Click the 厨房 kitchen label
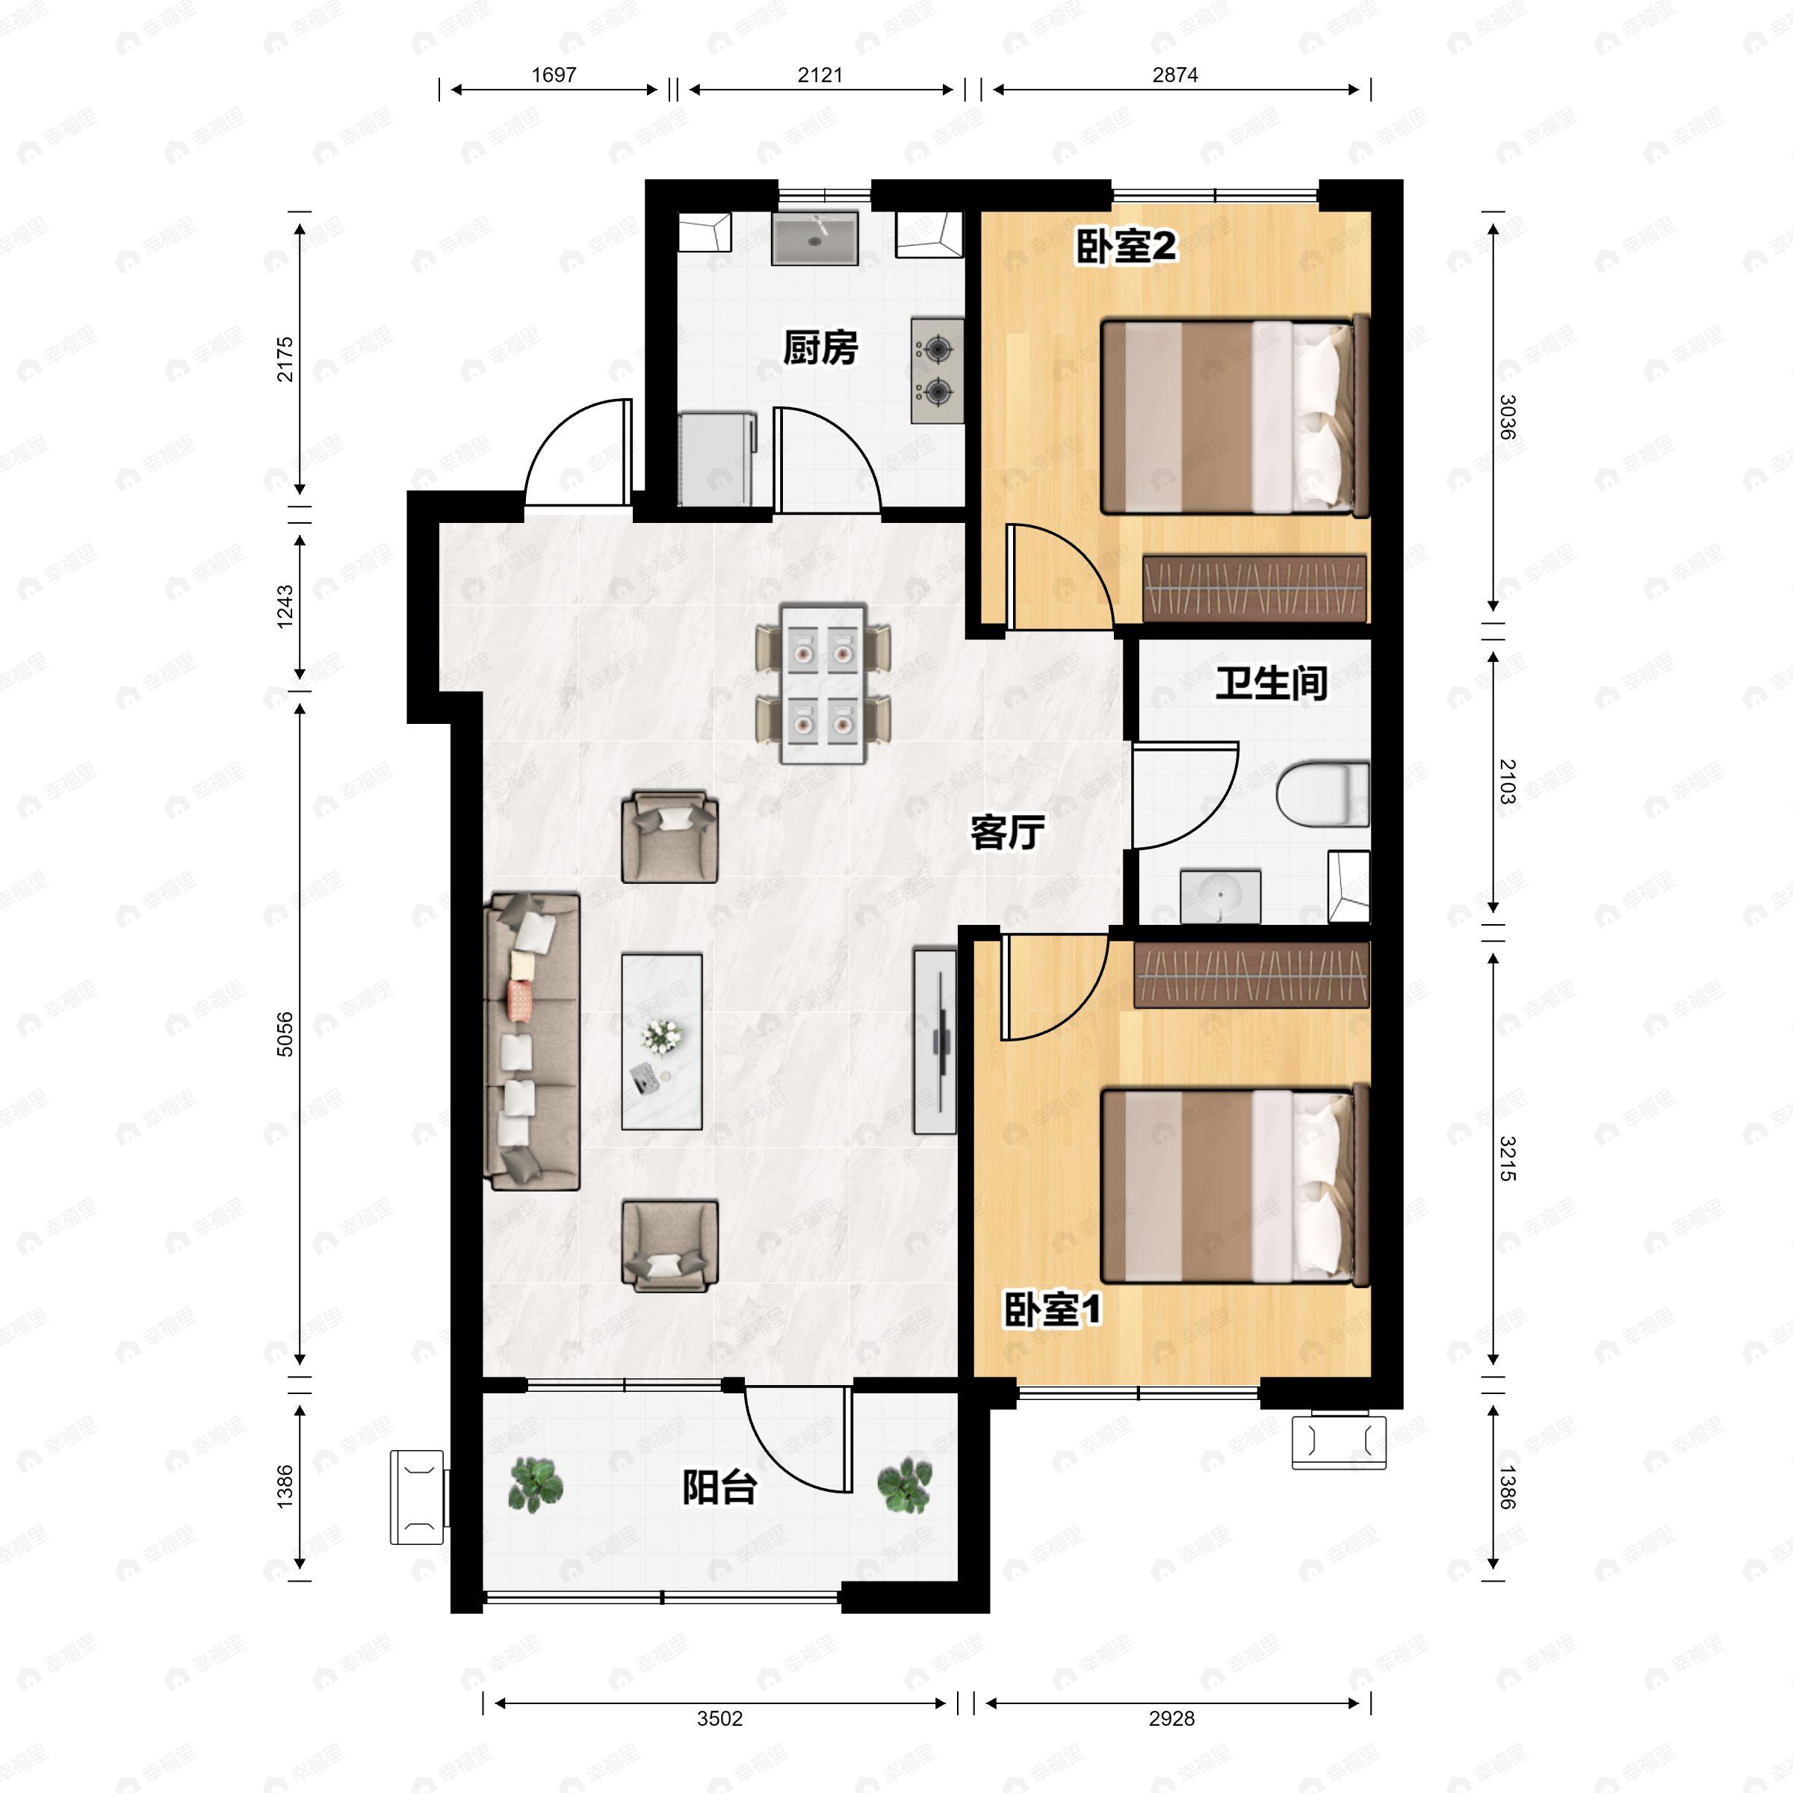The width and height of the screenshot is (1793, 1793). pyautogui.click(x=820, y=348)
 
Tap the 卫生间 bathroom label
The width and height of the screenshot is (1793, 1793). pyautogui.click(x=1271, y=684)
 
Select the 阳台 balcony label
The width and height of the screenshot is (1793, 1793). pyautogui.click(x=719, y=1487)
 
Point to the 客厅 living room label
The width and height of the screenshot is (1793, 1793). pyautogui.click(x=1007, y=832)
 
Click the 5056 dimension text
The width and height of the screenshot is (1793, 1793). pyautogui.click(x=285, y=1034)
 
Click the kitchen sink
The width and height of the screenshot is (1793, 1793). pyautogui.click(x=815, y=238)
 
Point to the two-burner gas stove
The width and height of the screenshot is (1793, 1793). pyautogui.click(x=938, y=371)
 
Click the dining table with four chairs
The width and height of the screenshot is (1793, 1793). pyautogui.click(x=823, y=684)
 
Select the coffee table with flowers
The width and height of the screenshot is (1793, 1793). pyautogui.click(x=660, y=1041)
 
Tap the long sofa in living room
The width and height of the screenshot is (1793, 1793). pyautogui.click(x=533, y=1041)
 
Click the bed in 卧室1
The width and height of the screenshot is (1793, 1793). pyautogui.click(x=1234, y=1187)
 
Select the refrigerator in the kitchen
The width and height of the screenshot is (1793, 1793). pyautogui.click(x=716, y=459)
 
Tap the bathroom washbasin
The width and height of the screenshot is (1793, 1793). pyautogui.click(x=1219, y=896)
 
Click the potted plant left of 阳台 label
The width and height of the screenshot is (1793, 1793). pyautogui.click(x=536, y=1483)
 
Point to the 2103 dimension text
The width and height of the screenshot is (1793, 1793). pyautogui.click(x=1507, y=781)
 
